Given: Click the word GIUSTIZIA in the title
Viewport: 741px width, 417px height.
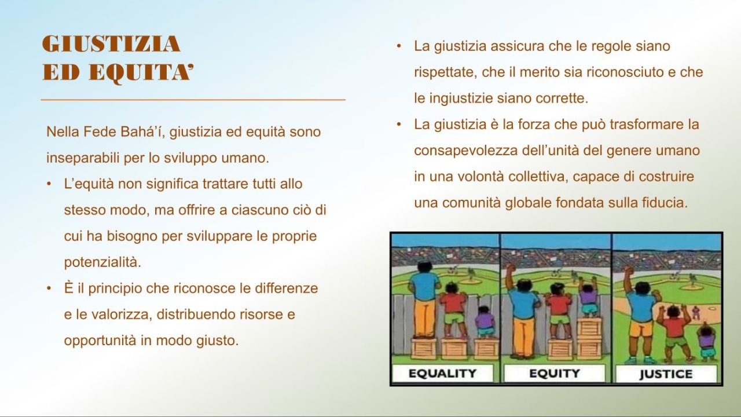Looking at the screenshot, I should pyautogui.click(x=111, y=45).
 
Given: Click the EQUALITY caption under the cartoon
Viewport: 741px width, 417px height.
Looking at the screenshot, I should pyautogui.click(x=442, y=373).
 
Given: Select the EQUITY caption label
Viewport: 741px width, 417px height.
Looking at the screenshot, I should pyautogui.click(x=554, y=373).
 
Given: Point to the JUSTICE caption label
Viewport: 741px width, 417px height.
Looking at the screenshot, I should pyautogui.click(x=666, y=374).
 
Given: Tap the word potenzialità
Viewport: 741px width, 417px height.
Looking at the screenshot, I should pyautogui.click(x=102, y=262).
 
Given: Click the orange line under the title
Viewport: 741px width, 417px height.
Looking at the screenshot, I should pyautogui.click(x=193, y=100).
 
